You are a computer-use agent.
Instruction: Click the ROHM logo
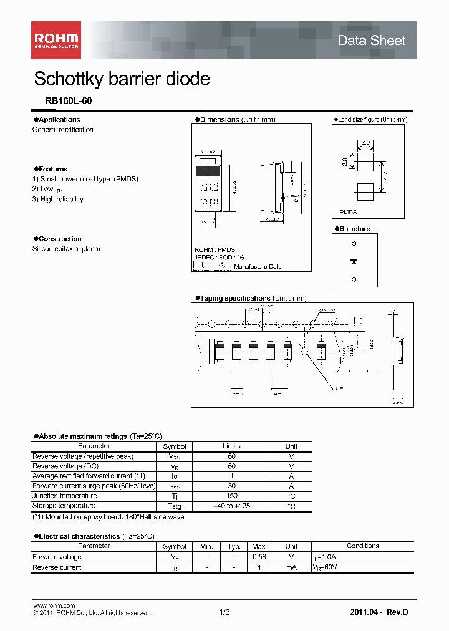(x=56, y=40)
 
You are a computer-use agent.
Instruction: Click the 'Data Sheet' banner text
(x=371, y=41)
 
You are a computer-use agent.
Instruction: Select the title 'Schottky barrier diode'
(x=122, y=79)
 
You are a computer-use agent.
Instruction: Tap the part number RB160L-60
(x=62, y=101)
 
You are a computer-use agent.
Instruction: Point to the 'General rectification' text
(x=63, y=130)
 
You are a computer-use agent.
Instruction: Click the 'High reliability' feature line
(x=58, y=200)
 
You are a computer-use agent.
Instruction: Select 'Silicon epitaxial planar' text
(x=67, y=249)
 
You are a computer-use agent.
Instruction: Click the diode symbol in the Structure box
(x=354, y=261)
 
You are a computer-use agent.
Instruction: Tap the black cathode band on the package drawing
(x=208, y=170)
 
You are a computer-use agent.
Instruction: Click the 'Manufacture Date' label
(x=258, y=267)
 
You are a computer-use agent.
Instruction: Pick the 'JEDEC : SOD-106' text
(x=219, y=257)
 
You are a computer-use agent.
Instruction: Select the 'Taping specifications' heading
(x=234, y=298)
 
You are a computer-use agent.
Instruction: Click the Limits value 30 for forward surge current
(x=231, y=486)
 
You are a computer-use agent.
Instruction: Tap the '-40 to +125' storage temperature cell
(x=231, y=506)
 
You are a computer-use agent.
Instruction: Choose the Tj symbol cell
(x=175, y=496)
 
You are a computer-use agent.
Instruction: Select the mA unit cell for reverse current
(x=291, y=567)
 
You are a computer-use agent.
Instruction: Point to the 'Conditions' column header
(x=362, y=546)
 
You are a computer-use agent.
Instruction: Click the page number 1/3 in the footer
(x=224, y=613)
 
